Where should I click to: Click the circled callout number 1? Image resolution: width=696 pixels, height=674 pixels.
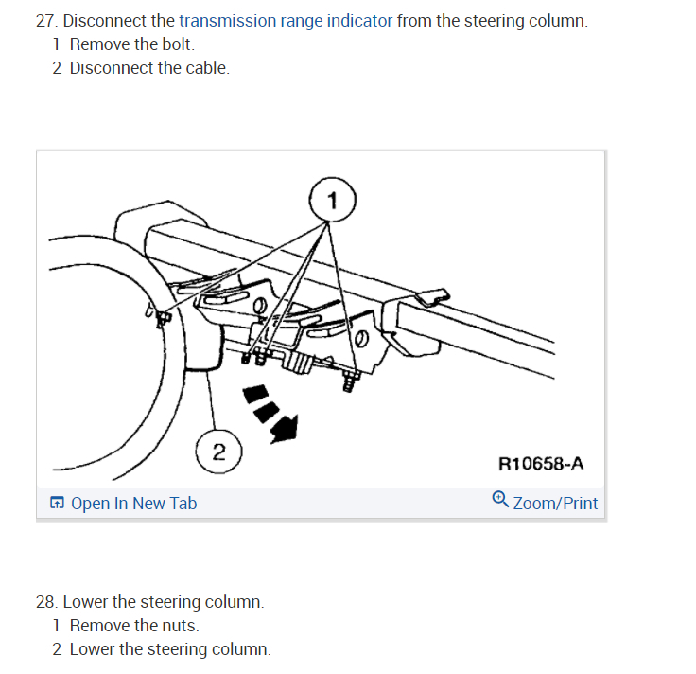(x=332, y=200)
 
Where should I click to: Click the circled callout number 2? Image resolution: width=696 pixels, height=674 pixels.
(x=218, y=452)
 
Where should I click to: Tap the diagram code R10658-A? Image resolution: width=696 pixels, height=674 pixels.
(x=541, y=464)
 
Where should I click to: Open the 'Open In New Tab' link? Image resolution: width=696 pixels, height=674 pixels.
(x=133, y=504)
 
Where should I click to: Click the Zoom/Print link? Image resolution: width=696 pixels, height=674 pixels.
(x=555, y=504)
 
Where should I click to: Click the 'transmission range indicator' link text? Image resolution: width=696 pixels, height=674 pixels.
(x=286, y=21)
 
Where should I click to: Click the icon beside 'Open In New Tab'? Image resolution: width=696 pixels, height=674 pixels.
(x=58, y=504)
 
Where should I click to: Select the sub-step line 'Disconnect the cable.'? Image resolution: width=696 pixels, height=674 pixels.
(x=149, y=68)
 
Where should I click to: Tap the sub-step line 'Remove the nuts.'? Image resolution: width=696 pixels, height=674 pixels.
(x=133, y=626)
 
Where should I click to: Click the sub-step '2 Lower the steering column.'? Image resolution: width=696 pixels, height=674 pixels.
(x=162, y=649)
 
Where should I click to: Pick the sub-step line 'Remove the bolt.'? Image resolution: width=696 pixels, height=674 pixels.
(x=131, y=44)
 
